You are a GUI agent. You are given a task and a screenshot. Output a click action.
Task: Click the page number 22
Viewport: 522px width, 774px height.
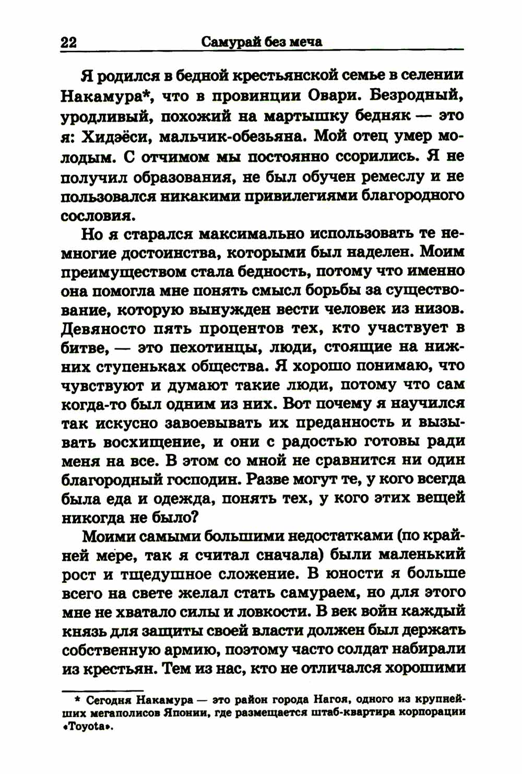[x=68, y=42]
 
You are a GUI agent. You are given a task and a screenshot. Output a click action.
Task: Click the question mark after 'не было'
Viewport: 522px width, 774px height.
[x=192, y=518]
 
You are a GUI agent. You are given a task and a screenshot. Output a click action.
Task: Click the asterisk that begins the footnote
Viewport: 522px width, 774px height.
[x=77, y=698]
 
